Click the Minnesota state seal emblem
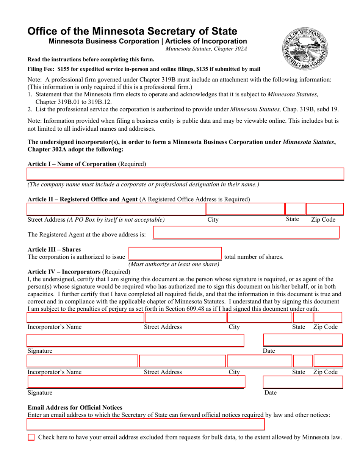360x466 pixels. [x=305, y=49]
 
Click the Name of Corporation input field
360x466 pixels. [x=185, y=174]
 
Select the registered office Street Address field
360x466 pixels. [x=116, y=209]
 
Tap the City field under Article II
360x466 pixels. [x=245, y=209]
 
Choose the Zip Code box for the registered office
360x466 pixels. [x=324, y=209]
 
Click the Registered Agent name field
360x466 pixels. [x=246, y=233]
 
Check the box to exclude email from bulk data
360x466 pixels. [x=31, y=437]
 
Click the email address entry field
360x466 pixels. [x=146, y=425]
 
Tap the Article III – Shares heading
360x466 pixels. [x=54, y=250]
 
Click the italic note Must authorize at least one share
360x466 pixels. [x=174, y=264]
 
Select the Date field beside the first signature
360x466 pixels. [x=302, y=340]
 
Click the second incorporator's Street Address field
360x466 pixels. [x=183, y=361]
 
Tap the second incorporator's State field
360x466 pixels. [x=302, y=361]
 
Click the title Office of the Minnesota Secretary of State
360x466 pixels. [x=132, y=31]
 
